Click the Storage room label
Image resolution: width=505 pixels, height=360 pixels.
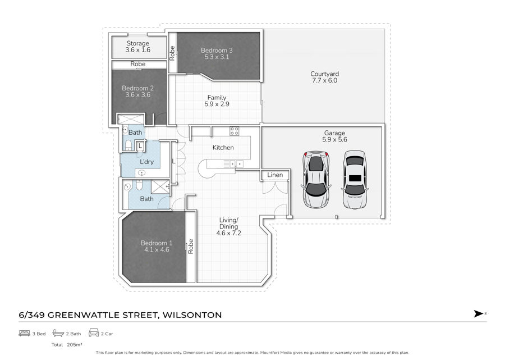(x=137, y=43)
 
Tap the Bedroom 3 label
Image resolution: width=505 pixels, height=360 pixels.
(x=217, y=51)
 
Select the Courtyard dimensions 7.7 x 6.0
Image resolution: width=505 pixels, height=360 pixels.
(x=325, y=80)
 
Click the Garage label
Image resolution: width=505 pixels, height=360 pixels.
(x=334, y=133)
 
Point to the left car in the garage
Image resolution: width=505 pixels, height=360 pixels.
(x=316, y=179)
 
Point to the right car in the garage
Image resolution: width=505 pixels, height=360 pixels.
(x=355, y=179)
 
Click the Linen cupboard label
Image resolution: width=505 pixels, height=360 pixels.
(x=275, y=175)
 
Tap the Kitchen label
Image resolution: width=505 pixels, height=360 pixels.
(x=223, y=147)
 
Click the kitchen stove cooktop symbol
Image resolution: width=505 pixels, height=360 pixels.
(x=234, y=131)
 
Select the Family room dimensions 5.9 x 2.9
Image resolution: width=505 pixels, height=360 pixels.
(x=217, y=104)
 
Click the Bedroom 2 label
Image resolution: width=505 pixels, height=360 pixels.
(x=138, y=88)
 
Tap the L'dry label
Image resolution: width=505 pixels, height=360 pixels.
(x=146, y=162)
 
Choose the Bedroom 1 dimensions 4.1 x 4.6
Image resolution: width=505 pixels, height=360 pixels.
(x=157, y=249)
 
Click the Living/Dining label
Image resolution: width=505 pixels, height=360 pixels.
(x=229, y=223)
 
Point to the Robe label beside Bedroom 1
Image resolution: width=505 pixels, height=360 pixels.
(x=191, y=246)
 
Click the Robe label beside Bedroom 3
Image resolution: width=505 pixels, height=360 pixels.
(x=172, y=53)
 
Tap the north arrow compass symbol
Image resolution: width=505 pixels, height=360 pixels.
(x=479, y=313)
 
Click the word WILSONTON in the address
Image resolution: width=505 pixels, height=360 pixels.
(x=192, y=315)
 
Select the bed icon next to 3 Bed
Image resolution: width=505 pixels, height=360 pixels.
(x=25, y=333)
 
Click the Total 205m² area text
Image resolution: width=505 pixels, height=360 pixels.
(x=67, y=344)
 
